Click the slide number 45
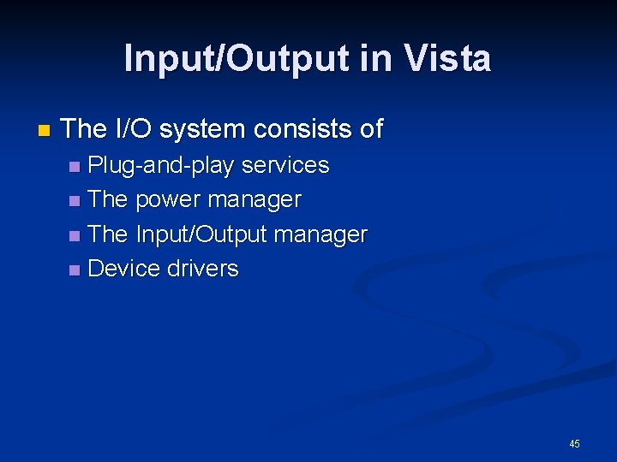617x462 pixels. [574, 443]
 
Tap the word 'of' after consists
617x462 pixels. [371, 130]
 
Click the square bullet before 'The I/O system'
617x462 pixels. [44, 132]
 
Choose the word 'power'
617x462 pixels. [166, 200]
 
